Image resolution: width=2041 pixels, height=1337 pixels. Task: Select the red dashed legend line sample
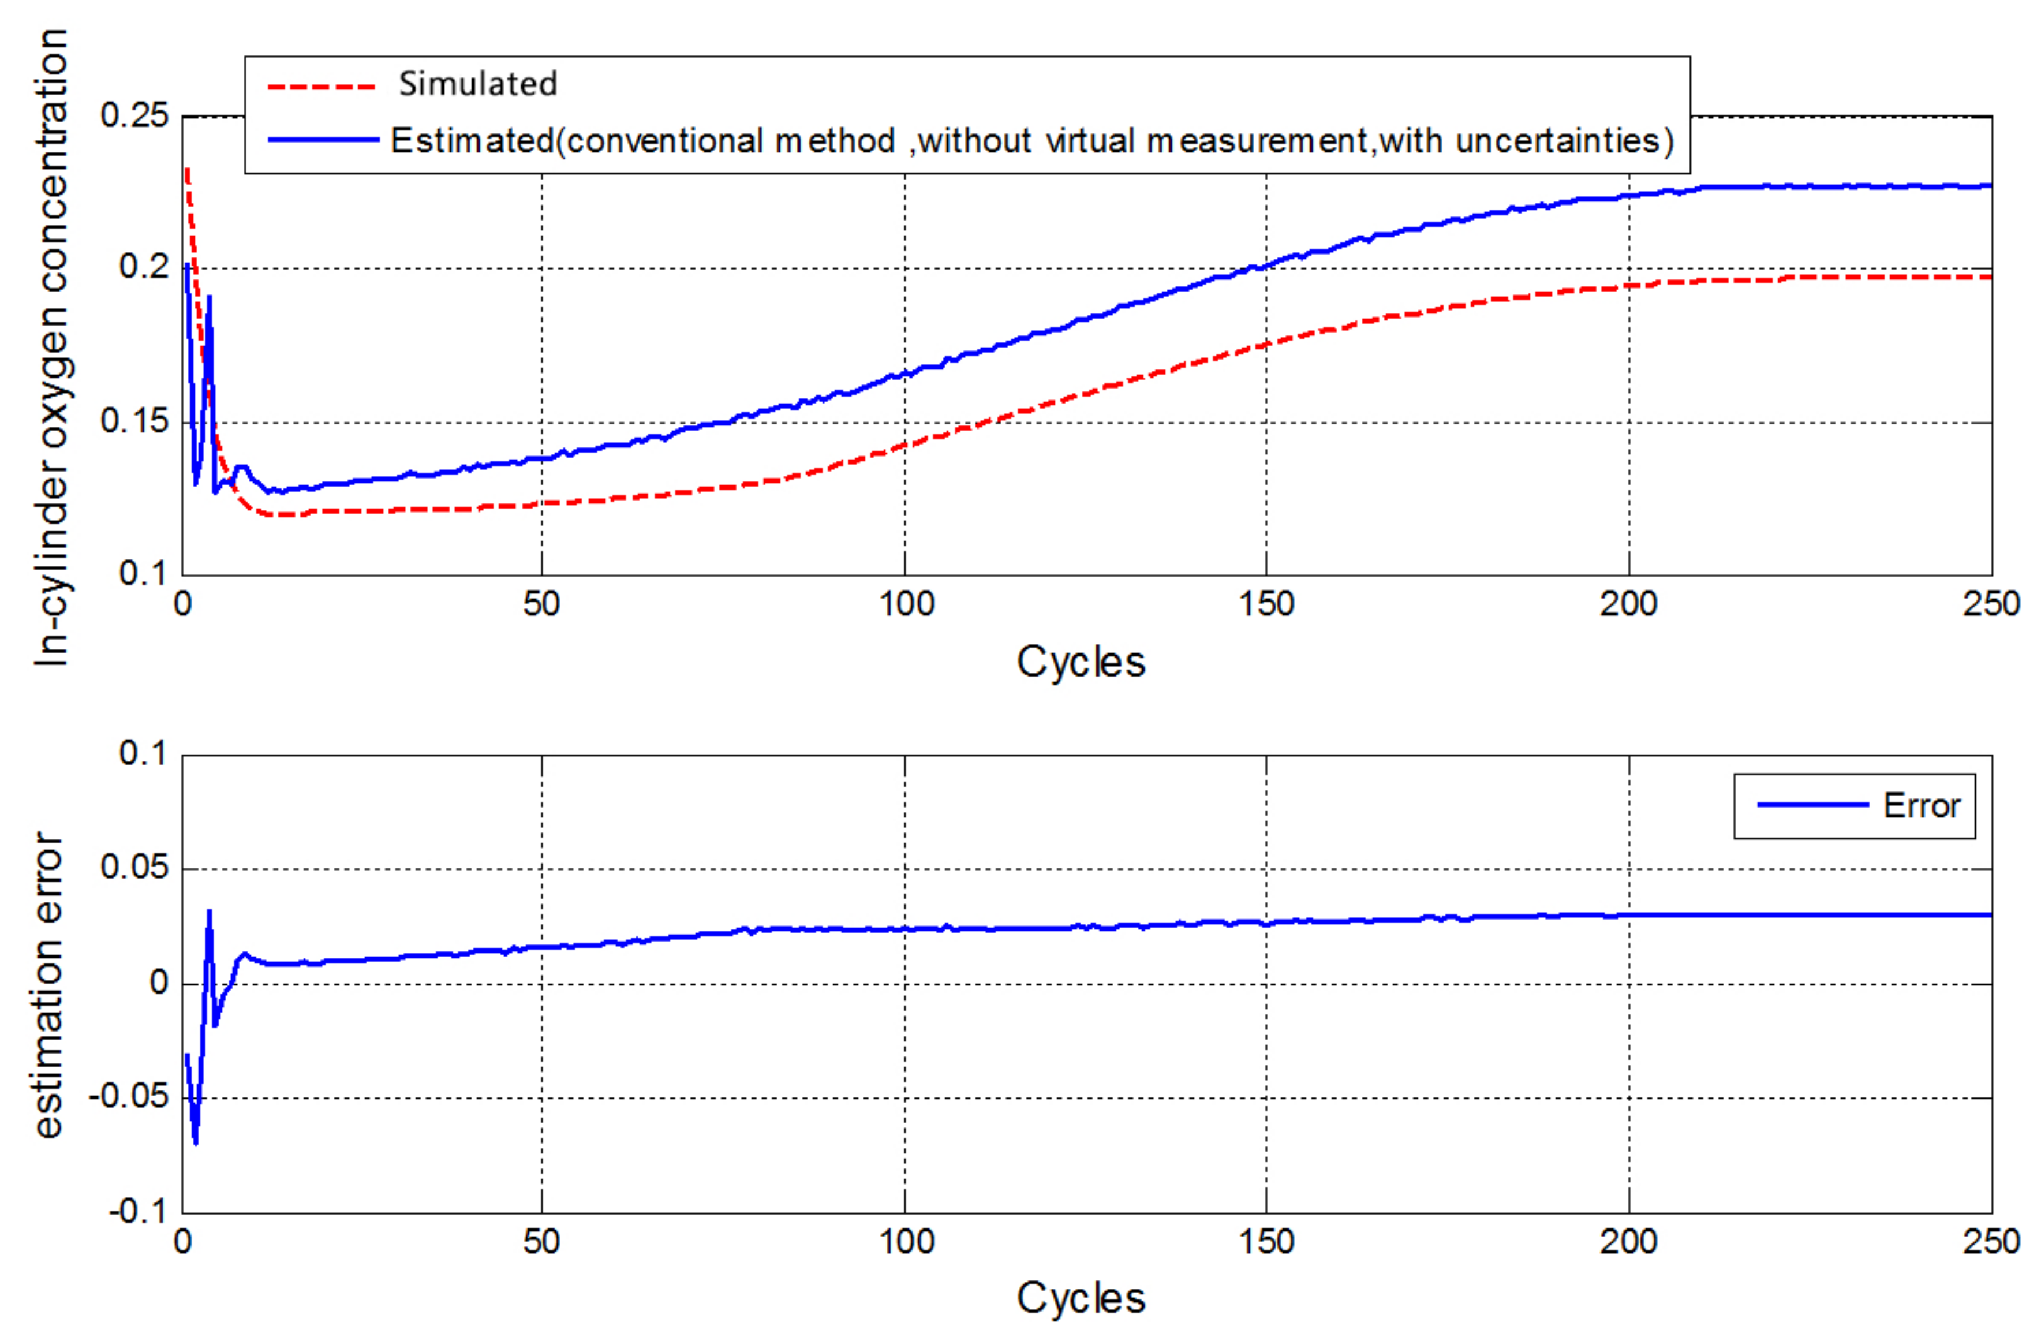[x=321, y=87]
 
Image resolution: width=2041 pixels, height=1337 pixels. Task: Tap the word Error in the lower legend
[x=1921, y=805]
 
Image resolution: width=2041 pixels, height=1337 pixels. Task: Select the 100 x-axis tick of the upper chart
[x=906, y=604]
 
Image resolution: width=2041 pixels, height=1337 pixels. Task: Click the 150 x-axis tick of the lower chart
[x=1266, y=1241]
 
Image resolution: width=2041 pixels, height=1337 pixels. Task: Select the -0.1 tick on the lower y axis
[x=137, y=1211]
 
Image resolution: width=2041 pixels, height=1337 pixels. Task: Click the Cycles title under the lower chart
[x=1081, y=1298]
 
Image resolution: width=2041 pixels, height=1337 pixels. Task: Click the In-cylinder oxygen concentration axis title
[x=51, y=348]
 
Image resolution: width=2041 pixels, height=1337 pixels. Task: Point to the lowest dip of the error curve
[x=196, y=1142]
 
